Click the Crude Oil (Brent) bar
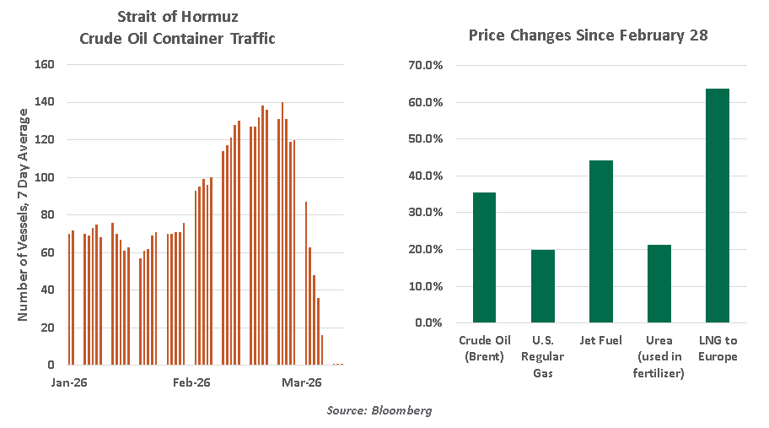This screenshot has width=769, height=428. click(x=484, y=257)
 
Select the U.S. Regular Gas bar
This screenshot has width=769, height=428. click(x=542, y=286)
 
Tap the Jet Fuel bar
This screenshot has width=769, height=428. click(x=600, y=241)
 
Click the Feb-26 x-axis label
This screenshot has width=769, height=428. click(x=191, y=382)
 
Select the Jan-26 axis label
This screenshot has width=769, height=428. click(x=70, y=382)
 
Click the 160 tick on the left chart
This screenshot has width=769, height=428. click(x=45, y=64)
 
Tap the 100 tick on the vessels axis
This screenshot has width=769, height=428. click(x=45, y=177)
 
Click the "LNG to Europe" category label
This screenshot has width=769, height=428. click(x=717, y=348)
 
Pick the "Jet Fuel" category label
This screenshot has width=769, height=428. click(x=600, y=340)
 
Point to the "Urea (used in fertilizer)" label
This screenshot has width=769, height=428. click(x=659, y=355)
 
